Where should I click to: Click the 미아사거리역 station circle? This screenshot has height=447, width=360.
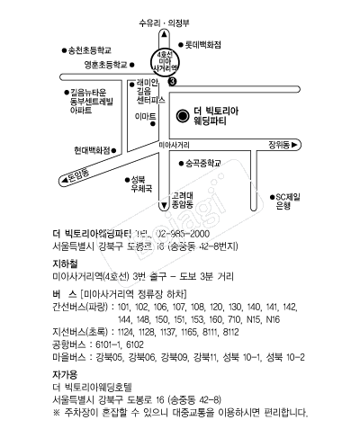click(x=162, y=62)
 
